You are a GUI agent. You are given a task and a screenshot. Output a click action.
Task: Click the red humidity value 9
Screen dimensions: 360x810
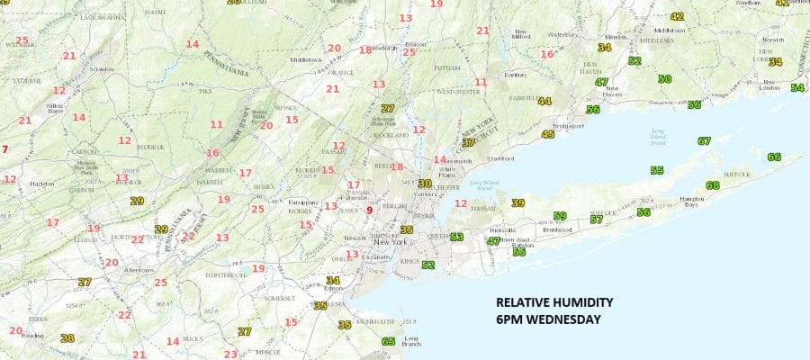(369, 210)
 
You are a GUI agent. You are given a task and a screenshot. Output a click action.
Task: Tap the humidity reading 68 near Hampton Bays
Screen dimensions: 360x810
(713, 185)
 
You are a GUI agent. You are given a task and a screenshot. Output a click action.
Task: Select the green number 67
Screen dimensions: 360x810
(704, 140)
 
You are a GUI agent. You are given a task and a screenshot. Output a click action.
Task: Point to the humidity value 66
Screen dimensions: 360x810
(774, 157)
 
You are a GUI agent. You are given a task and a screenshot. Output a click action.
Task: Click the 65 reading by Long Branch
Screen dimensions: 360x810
(388, 341)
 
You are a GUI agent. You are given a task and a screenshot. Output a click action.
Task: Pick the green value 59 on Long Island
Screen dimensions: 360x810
(560, 216)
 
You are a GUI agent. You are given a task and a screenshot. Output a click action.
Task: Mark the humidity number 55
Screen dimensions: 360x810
(657, 170)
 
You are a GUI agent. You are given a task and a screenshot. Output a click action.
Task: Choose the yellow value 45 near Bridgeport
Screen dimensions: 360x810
(548, 134)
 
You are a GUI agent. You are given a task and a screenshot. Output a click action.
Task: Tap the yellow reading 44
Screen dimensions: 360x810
(544, 101)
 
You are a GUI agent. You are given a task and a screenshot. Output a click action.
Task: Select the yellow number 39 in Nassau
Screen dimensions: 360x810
(517, 202)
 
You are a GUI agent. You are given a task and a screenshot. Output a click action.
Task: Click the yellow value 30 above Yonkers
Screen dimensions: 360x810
(425, 183)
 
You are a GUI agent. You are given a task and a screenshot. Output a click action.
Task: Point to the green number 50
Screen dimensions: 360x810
(664, 78)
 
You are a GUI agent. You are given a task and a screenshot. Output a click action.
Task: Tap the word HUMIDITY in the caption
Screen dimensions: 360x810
(587, 302)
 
